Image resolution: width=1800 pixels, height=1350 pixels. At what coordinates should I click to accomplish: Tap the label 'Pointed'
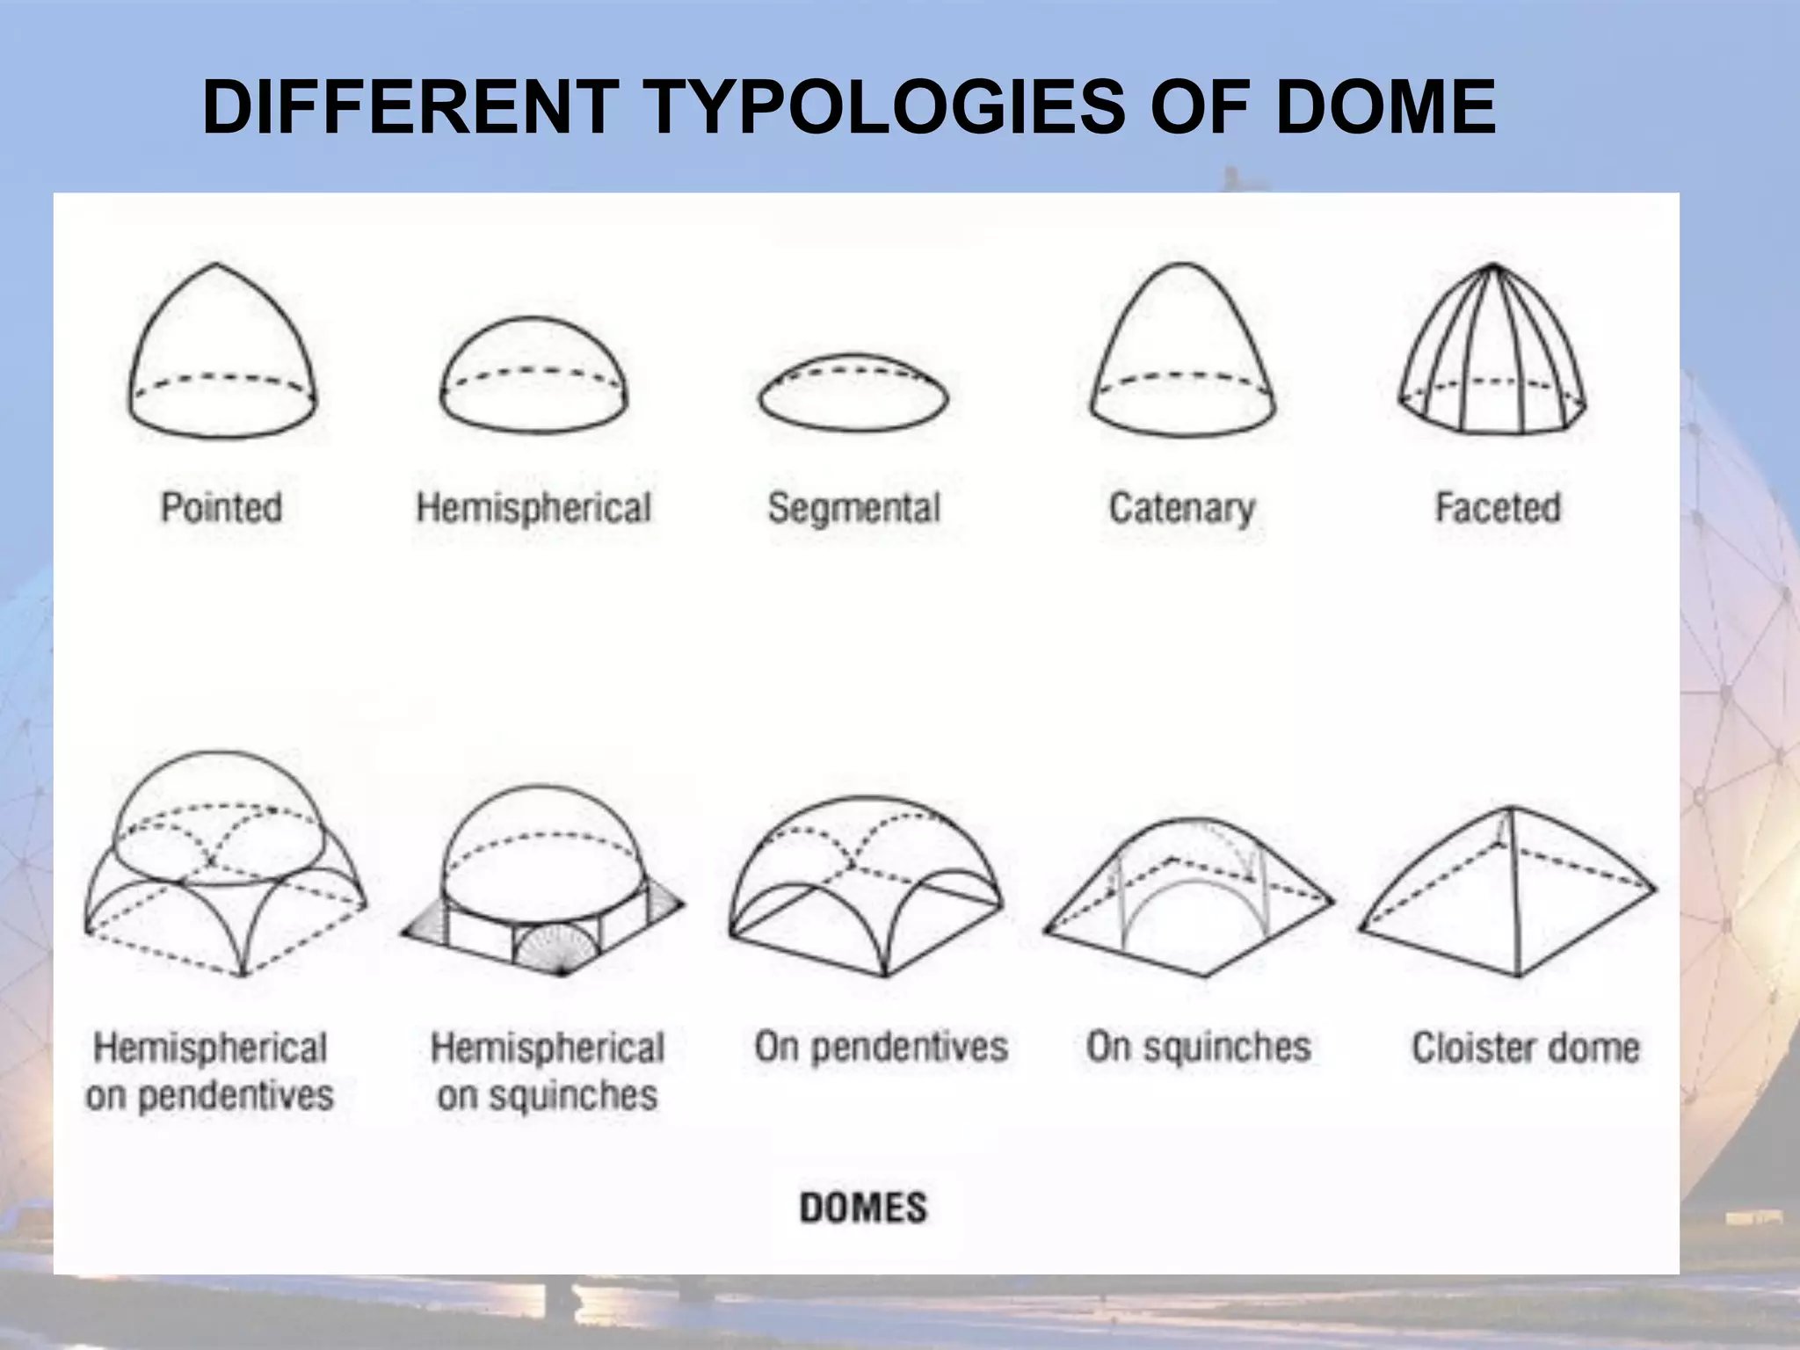coord(221,508)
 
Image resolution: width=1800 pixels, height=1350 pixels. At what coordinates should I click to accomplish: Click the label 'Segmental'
coord(853,509)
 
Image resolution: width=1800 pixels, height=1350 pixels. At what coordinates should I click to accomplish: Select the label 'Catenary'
coord(1182,509)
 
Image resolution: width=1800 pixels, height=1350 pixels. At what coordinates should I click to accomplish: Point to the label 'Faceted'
coord(1498,508)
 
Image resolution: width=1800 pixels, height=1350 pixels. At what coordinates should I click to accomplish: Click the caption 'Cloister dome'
coord(1526,1048)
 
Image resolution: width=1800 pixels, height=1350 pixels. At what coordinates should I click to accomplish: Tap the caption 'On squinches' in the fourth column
coord(1198,1047)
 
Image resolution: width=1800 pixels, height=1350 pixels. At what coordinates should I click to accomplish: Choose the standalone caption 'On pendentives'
coord(881,1047)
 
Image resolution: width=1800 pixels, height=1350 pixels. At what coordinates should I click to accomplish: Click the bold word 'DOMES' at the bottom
coord(863,1208)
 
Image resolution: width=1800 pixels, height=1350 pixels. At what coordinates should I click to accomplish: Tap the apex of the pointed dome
coord(216,265)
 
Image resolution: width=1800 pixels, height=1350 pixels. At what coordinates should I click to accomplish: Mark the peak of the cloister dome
coord(1511,808)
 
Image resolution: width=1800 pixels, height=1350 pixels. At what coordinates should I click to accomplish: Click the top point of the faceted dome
coord(1493,265)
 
